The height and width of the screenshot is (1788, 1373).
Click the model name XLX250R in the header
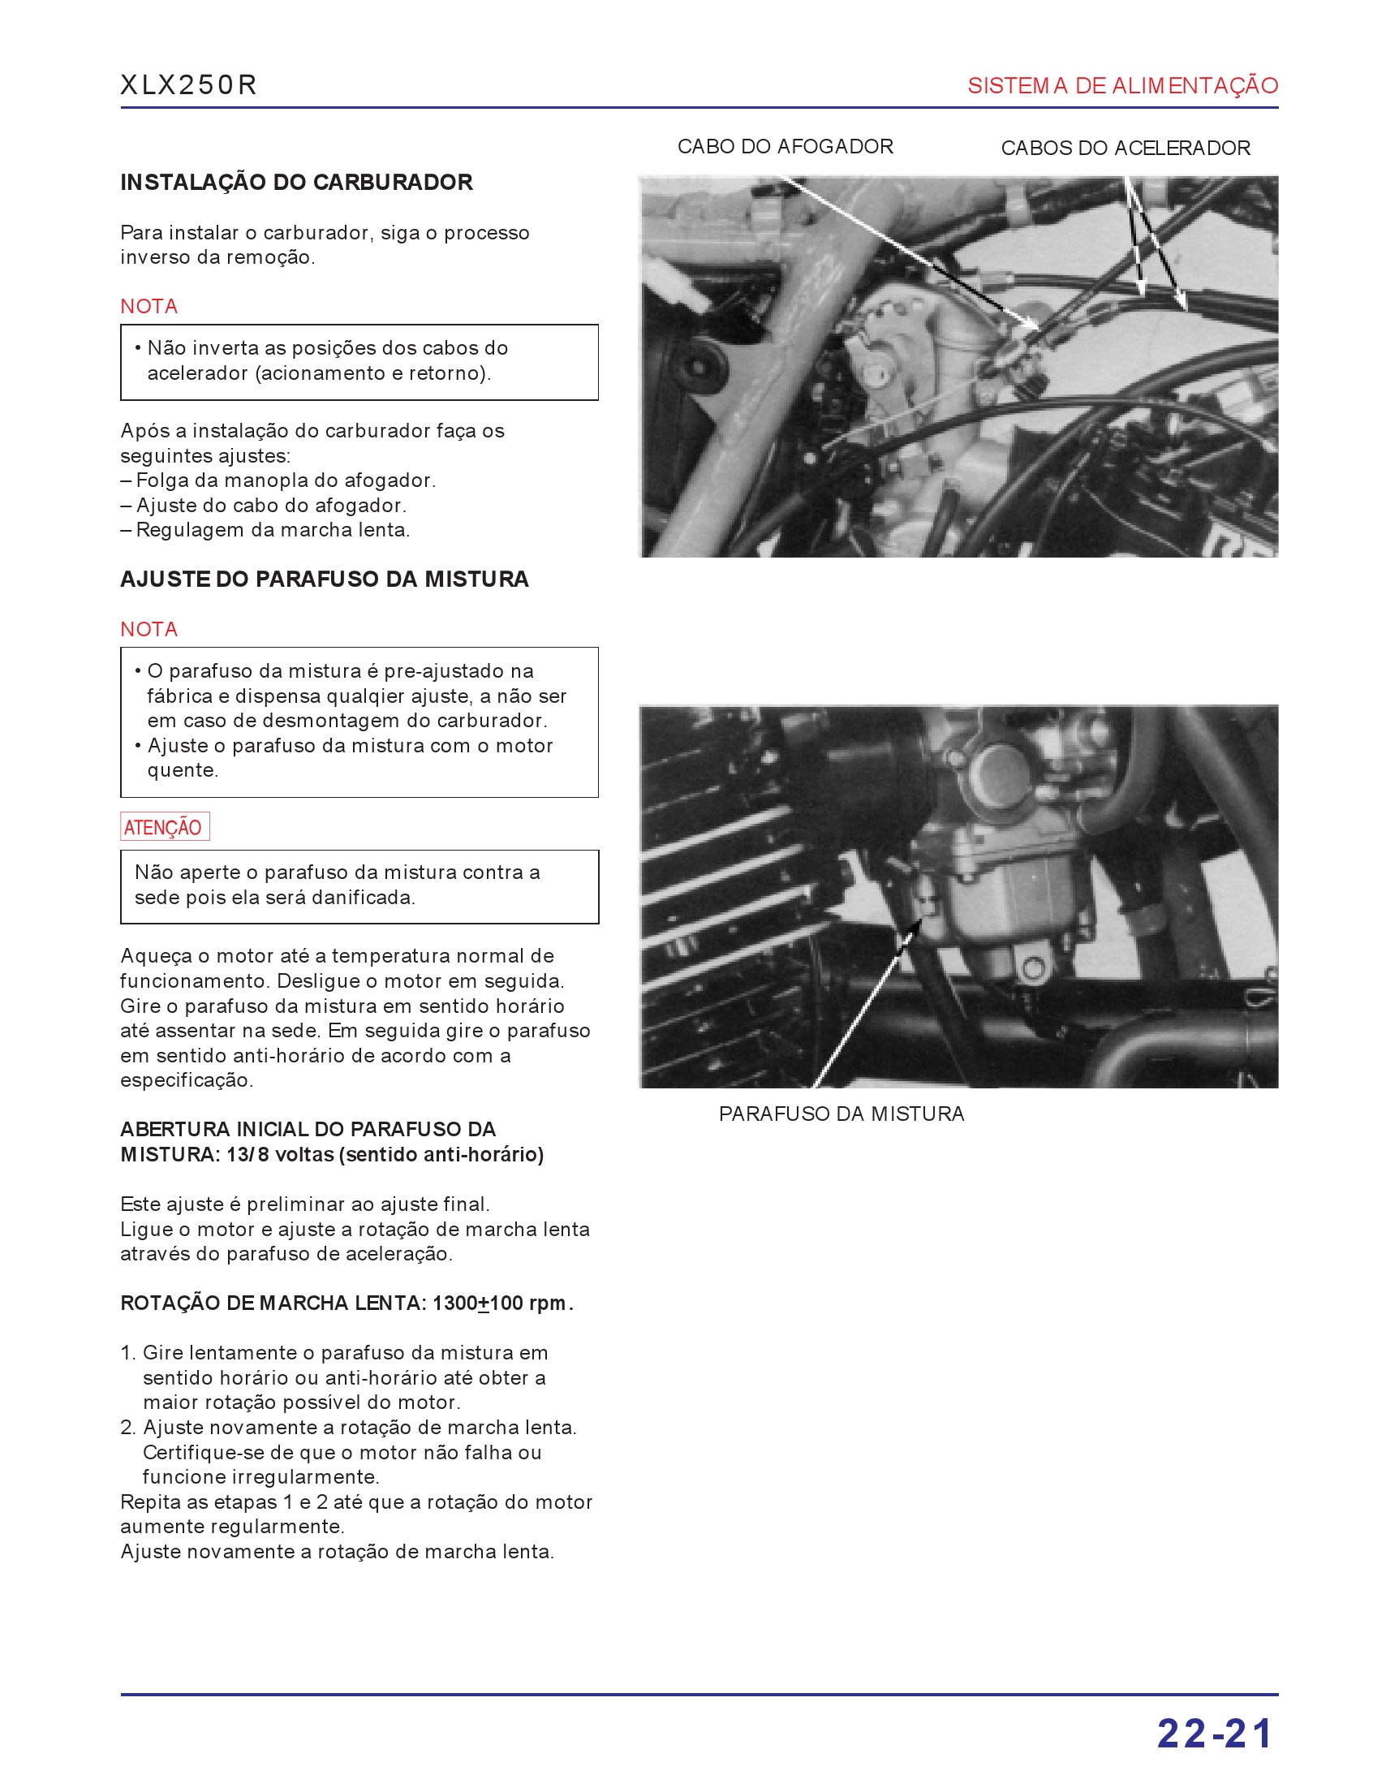click(188, 85)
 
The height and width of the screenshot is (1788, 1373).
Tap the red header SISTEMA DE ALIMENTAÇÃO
click(1122, 86)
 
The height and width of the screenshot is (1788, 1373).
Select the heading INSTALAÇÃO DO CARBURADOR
click(296, 183)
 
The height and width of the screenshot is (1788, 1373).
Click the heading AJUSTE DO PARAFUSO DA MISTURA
click(324, 579)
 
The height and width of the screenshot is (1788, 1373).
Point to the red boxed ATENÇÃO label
click(163, 827)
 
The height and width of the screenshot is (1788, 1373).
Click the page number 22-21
click(1215, 1734)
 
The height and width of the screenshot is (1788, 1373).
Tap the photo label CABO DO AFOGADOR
click(785, 147)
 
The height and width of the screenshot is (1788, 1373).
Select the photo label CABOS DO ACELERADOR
click(1125, 149)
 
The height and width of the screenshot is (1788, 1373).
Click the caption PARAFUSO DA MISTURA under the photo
click(841, 1114)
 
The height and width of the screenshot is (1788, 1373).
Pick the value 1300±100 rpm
click(499, 1303)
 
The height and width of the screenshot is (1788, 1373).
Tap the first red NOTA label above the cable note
click(148, 307)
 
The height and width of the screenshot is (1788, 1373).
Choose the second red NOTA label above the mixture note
click(148, 629)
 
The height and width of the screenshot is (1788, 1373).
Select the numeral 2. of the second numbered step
click(128, 1428)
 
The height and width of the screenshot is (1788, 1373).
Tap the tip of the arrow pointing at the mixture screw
click(920, 921)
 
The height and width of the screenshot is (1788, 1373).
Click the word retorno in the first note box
click(447, 373)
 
